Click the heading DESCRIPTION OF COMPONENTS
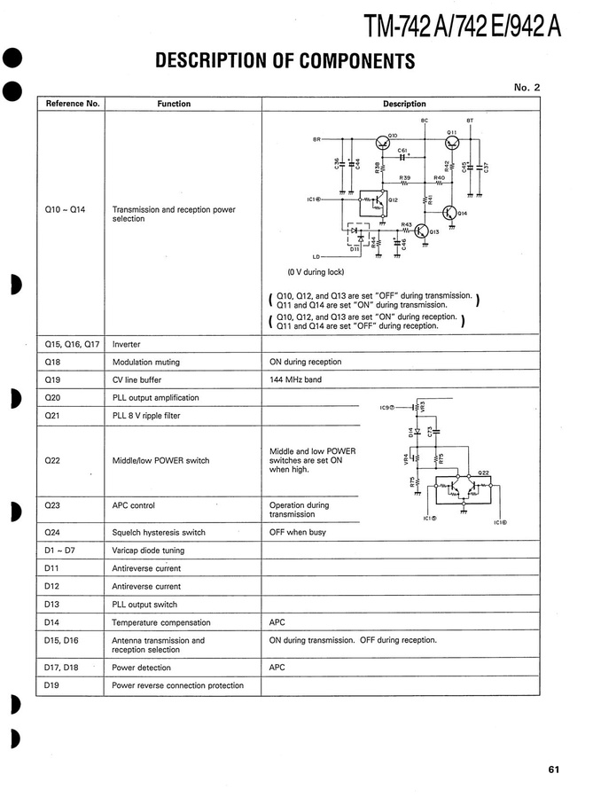coord(285,60)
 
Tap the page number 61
coord(553,770)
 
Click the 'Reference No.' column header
coord(73,104)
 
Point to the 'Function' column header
coord(174,104)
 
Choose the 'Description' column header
coord(404,104)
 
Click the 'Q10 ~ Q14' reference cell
coord(62,210)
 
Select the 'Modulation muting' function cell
coord(145,362)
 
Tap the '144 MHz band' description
coord(295,379)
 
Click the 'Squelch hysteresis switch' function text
coord(159,533)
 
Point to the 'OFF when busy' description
coord(297,533)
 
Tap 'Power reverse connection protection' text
coord(177,685)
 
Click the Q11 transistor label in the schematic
coord(451,130)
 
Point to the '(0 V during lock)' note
coord(315,272)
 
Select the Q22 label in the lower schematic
coord(484,473)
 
